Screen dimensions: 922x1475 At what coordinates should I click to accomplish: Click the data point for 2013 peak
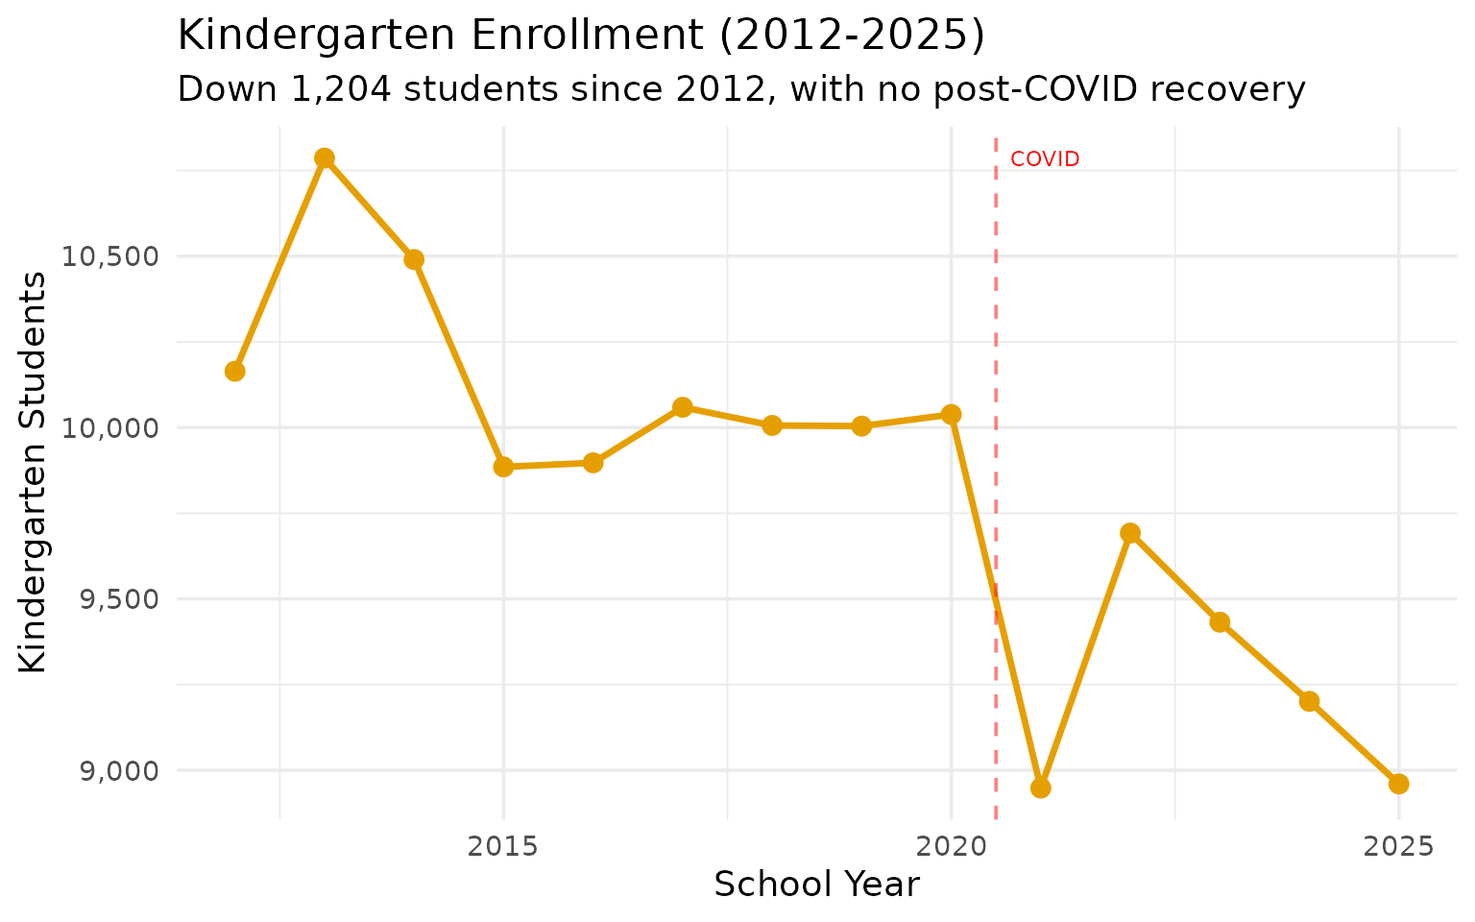tap(325, 158)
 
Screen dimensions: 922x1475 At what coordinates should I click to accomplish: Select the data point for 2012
tap(235, 371)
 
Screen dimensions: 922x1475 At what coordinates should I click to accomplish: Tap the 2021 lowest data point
tap(1041, 788)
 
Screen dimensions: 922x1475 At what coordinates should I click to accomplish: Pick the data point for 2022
tap(1130, 533)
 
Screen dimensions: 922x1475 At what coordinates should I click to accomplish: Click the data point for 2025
tap(1399, 784)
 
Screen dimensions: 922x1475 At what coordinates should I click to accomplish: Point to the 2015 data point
tap(503, 467)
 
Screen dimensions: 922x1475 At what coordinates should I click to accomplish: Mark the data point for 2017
tap(683, 407)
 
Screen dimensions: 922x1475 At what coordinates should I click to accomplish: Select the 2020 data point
tap(951, 414)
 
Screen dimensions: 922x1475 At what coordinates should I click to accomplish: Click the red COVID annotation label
tap(1045, 159)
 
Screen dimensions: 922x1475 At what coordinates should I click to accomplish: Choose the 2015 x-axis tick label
tap(503, 846)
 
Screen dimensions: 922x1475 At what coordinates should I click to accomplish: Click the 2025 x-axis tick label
tap(1399, 846)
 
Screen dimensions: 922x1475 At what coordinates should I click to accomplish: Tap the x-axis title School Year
tap(816, 885)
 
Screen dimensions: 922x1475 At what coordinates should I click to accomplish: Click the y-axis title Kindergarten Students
tap(34, 473)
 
